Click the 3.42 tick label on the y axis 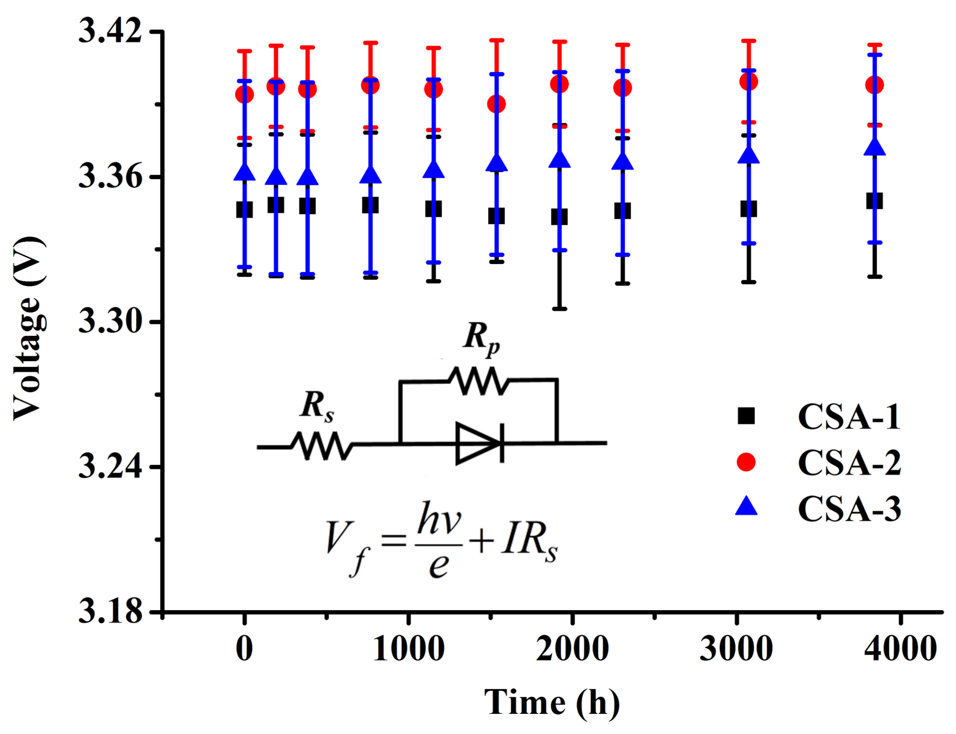[x=110, y=32]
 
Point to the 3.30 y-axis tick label [x=110, y=322]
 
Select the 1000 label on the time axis [x=408, y=649]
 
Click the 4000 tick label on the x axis [x=900, y=649]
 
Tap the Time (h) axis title [x=552, y=702]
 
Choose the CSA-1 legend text [x=849, y=417]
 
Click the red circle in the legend [x=746, y=462]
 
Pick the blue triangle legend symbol [x=746, y=507]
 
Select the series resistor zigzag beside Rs [x=322, y=446]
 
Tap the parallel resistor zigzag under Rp [x=479, y=380]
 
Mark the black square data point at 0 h [x=244, y=209]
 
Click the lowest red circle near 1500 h [x=496, y=104]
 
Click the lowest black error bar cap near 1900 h [x=559, y=309]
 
